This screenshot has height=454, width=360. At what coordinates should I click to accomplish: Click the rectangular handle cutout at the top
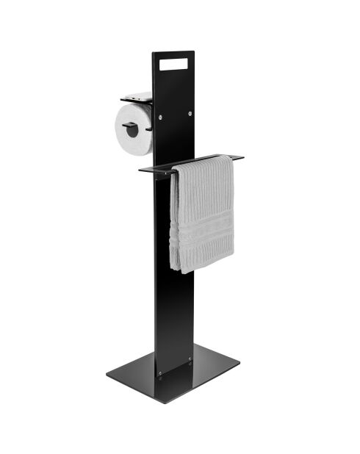[173, 64]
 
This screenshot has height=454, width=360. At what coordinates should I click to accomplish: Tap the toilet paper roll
[133, 129]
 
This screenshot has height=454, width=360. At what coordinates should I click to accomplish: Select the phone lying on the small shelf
[137, 96]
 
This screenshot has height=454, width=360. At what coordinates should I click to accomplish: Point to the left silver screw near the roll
[161, 115]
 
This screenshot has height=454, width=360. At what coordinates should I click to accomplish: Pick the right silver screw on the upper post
[190, 113]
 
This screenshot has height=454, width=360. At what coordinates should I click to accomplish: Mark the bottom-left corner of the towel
[173, 268]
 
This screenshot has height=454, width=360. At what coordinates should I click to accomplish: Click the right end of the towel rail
[240, 156]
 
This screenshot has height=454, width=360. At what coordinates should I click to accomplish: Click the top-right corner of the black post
[194, 52]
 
